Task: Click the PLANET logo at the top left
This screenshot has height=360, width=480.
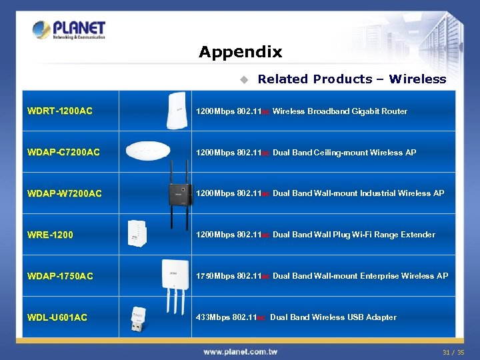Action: click(x=69, y=30)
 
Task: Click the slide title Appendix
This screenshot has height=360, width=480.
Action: click(x=240, y=52)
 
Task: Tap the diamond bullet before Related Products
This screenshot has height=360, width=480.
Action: click(x=244, y=79)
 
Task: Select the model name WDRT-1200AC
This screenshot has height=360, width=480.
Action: click(x=60, y=111)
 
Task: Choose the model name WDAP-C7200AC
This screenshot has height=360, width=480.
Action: click(x=63, y=152)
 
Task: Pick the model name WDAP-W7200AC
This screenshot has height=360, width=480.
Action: click(x=65, y=193)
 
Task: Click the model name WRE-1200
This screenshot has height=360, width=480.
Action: click(x=50, y=235)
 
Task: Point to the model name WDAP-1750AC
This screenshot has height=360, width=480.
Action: click(x=60, y=276)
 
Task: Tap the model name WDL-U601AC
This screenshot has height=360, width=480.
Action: click(x=57, y=317)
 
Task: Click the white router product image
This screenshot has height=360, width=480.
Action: click(x=176, y=110)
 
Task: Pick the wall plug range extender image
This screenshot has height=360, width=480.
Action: click(x=138, y=234)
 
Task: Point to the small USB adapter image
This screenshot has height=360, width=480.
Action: click(x=138, y=317)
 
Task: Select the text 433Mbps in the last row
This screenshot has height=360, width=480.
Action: click(x=213, y=317)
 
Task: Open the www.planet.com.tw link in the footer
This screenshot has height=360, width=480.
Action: click(x=240, y=351)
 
